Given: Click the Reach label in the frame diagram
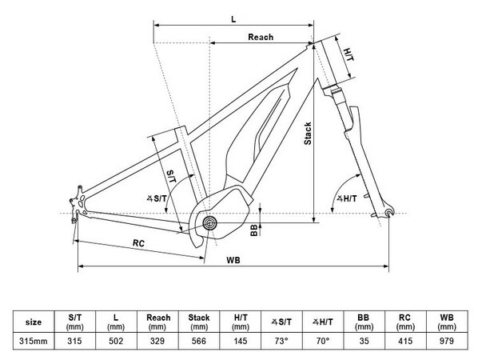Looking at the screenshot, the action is [261, 38].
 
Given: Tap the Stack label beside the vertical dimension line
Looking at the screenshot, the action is [308, 134].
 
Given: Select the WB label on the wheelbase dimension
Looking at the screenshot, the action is [233, 260].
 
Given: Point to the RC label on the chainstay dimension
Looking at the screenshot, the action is [138, 243].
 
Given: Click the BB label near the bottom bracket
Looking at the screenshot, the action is [254, 230].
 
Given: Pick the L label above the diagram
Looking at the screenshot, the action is [233, 19].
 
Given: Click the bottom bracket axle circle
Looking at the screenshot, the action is [210, 222].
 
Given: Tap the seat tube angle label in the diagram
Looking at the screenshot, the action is [157, 198].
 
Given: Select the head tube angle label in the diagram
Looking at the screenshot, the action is [347, 198].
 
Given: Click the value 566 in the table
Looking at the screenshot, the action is [199, 341].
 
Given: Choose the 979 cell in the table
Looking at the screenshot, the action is [447, 341].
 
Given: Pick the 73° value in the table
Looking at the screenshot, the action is [281, 341].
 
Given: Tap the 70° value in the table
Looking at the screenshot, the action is [322, 341].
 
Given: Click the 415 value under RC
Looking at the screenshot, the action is [405, 341].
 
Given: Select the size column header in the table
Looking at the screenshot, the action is [34, 322].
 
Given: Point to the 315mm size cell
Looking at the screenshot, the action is [34, 341].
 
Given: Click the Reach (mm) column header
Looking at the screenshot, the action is [158, 322].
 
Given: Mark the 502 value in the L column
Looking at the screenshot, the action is [116, 341].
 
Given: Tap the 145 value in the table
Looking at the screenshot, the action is [241, 341].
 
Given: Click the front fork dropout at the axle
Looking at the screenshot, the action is [388, 213].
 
